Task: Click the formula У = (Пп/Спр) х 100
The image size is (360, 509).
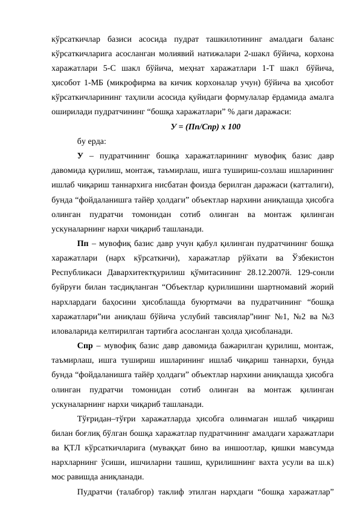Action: (207, 127)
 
